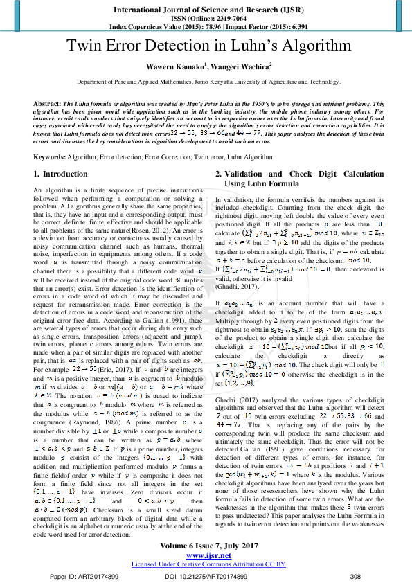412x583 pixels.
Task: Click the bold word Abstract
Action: (x=46, y=102)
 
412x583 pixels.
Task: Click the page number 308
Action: (x=356, y=576)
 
